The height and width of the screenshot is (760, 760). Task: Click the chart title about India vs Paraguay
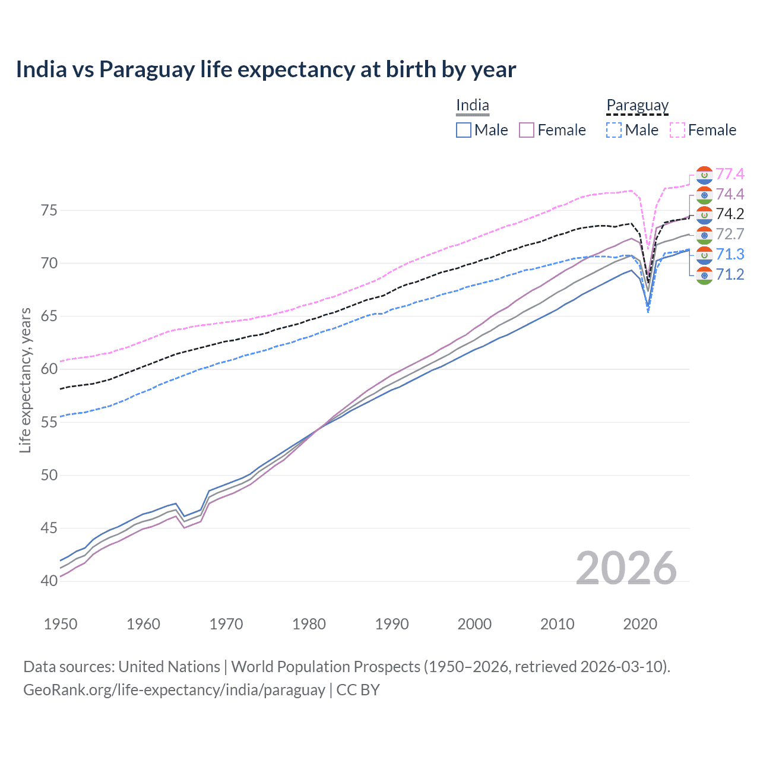click(265, 69)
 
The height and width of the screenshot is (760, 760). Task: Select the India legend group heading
click(473, 106)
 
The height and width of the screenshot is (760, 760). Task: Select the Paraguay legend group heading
click(637, 106)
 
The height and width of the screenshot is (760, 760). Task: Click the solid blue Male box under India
click(464, 130)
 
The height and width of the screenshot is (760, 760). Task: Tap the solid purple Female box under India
click(527, 130)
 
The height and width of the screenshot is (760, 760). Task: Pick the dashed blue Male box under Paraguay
click(614, 130)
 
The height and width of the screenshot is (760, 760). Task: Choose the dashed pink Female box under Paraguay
click(677, 130)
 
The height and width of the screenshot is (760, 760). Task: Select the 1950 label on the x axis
click(61, 624)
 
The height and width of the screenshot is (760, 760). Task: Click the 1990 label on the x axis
click(392, 624)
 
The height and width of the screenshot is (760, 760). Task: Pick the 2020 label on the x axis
click(640, 624)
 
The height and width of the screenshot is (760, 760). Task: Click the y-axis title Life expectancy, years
click(25, 380)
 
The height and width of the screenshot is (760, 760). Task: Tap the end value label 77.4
click(730, 174)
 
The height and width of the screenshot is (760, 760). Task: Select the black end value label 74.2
click(730, 214)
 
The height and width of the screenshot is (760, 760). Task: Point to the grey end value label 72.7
click(730, 234)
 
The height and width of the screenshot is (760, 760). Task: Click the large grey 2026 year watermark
click(626, 568)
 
